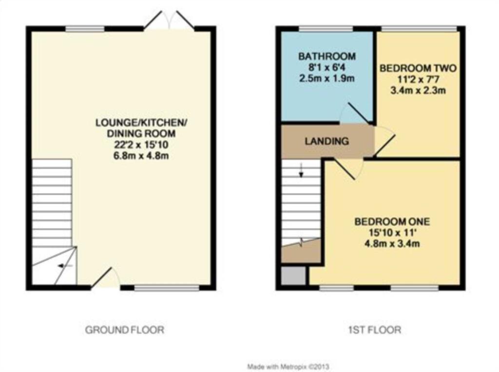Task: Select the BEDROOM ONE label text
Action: tap(392, 221)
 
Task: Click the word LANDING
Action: tap(326, 142)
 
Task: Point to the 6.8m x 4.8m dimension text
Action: tap(135, 156)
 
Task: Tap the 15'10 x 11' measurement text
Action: tap(392, 232)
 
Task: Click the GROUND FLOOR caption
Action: tap(125, 330)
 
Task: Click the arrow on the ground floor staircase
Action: tap(64, 266)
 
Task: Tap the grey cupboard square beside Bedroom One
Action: tap(294, 276)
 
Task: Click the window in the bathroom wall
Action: tap(325, 29)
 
